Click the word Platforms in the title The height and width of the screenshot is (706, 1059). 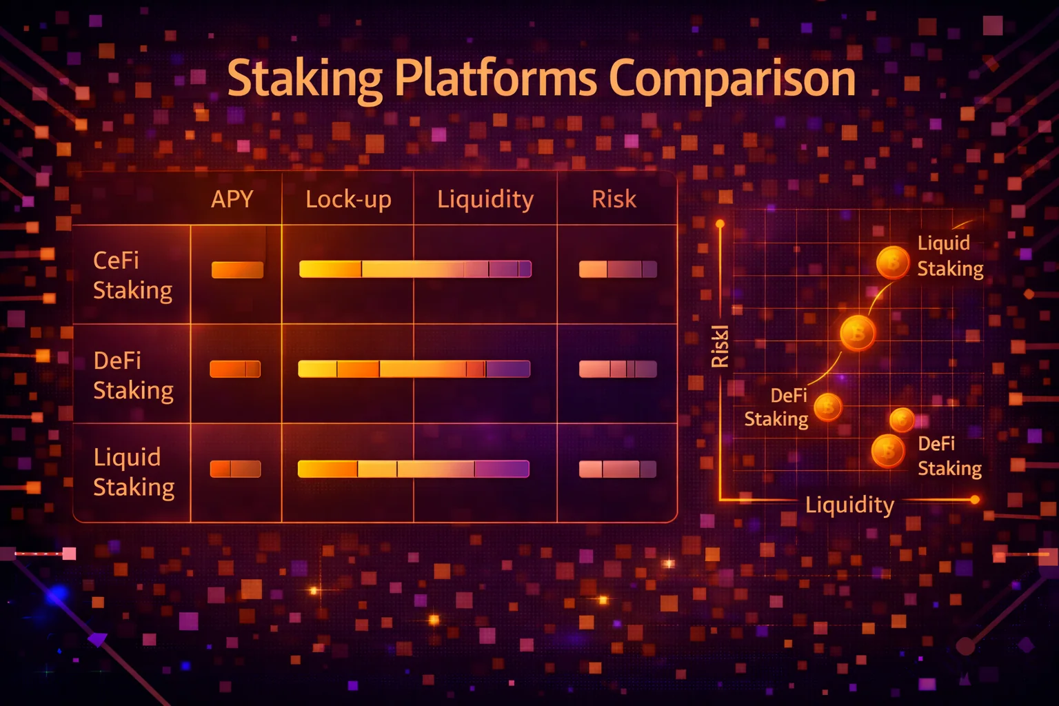coord(496,79)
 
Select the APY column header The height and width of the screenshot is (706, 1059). coord(232,199)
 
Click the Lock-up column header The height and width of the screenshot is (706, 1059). coord(348,199)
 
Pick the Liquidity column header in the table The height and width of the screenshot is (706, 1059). coord(485,199)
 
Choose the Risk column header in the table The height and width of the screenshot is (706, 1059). coord(614,199)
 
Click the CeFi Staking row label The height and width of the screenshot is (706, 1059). coord(132,275)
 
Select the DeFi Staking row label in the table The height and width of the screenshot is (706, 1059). coord(132,375)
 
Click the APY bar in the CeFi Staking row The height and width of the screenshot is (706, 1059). coord(237,270)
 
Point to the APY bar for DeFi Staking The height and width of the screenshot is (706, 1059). coord(235,370)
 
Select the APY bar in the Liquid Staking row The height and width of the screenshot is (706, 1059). coord(235,469)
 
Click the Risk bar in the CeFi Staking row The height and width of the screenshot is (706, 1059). coord(618,270)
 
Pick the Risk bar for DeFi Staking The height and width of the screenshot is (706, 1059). coord(618,370)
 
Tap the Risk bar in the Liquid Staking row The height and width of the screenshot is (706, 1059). coord(618,469)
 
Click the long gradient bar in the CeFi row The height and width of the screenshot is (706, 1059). coord(415,269)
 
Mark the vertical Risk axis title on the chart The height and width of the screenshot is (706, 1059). coord(719,346)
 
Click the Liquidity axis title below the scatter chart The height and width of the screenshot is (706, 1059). coord(849,505)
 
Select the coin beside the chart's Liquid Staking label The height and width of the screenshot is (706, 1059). coord(893,262)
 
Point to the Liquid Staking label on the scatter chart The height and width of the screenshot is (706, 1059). coord(949,256)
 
